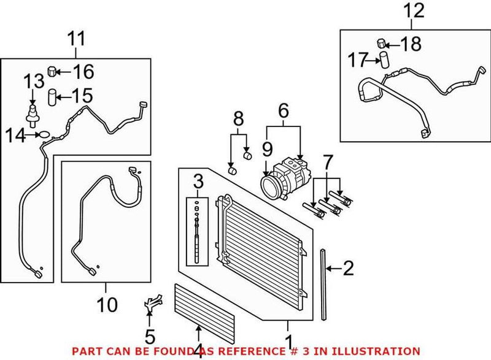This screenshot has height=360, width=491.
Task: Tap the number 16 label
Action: click(x=83, y=72)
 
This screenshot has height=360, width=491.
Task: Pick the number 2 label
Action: click(x=347, y=268)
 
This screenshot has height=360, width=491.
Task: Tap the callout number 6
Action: click(x=283, y=110)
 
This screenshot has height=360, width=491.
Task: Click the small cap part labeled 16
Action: click(x=53, y=72)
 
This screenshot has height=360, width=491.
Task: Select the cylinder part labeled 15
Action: click(x=53, y=96)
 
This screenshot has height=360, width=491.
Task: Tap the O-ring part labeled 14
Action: click(x=44, y=134)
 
